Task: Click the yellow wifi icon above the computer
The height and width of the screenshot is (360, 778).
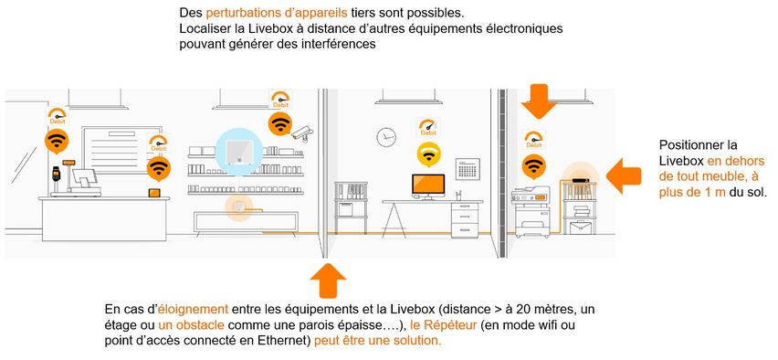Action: (x=426, y=153)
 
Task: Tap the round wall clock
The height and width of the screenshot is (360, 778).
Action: (x=385, y=136)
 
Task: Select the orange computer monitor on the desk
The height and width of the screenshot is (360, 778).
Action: (x=426, y=185)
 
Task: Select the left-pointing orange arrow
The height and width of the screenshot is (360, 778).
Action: (x=624, y=173)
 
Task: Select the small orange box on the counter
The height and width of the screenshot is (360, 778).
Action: (x=153, y=193)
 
